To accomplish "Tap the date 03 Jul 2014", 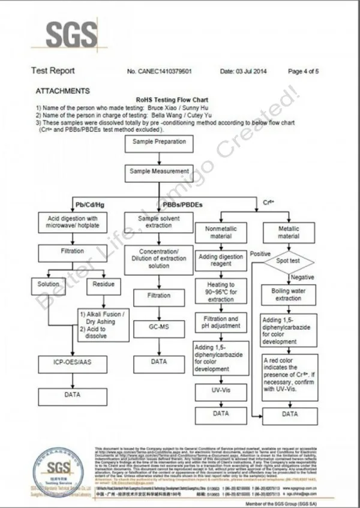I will (x=244, y=71).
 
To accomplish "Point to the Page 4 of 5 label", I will (x=304, y=71).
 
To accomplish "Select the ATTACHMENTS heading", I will (x=62, y=91).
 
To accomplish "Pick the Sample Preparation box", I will (x=159, y=143).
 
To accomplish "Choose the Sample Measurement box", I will (x=159, y=171).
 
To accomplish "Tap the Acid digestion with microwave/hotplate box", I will (x=76, y=222).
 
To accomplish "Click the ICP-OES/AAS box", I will (x=72, y=362).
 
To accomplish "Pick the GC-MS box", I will (x=158, y=327).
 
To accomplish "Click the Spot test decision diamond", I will (x=289, y=261).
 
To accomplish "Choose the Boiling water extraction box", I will (x=289, y=294).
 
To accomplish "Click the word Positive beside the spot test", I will (x=260, y=254).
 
